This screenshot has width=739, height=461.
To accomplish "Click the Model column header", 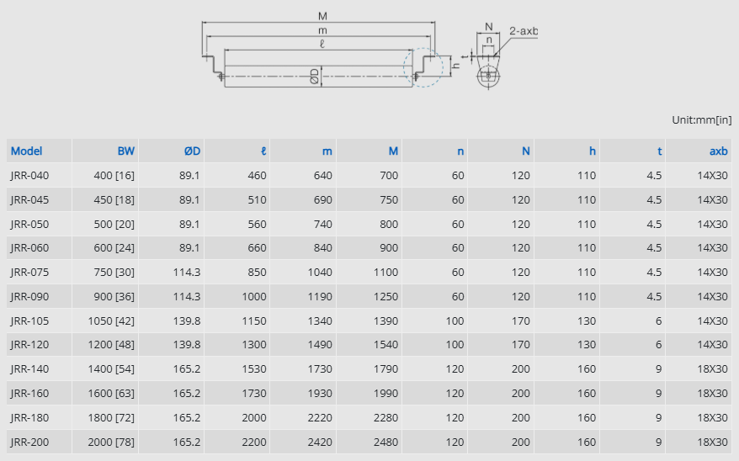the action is click(26, 151).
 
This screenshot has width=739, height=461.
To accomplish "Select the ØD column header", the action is click(192, 151).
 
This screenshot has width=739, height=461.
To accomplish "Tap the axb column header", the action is click(718, 151).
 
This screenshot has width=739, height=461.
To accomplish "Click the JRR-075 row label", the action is click(29, 273).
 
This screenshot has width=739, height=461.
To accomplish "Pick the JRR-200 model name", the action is click(29, 442).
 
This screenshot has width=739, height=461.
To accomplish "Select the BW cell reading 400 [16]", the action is click(114, 176).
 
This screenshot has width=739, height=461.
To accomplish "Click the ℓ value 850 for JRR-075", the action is click(257, 273).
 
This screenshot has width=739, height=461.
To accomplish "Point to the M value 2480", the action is click(385, 442).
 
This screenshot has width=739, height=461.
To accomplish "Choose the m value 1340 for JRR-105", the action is click(320, 321).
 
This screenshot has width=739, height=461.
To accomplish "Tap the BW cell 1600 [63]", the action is click(111, 394).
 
